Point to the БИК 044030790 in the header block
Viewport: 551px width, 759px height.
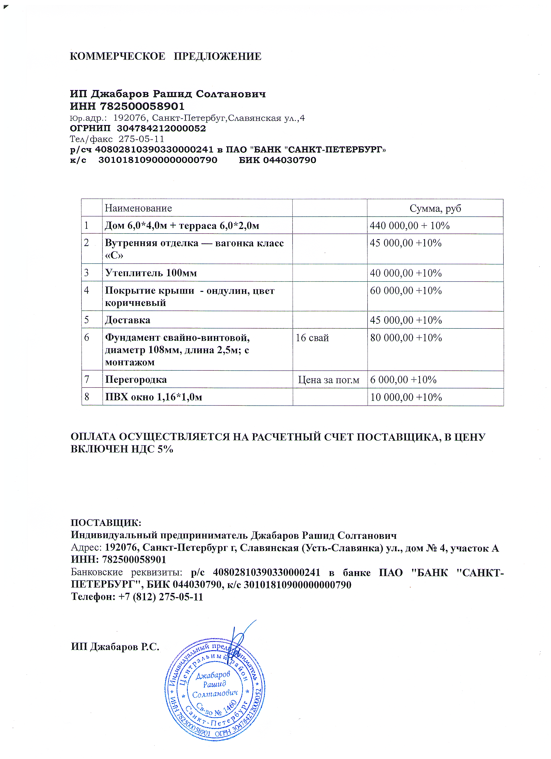point(277,160)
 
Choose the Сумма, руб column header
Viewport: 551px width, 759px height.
point(435,208)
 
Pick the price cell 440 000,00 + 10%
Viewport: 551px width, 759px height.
point(409,226)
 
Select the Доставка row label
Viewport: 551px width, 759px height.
point(127,320)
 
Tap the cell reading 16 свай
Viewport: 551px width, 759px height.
point(312,338)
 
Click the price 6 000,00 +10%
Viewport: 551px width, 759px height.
point(403,379)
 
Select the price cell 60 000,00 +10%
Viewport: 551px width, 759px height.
point(406,290)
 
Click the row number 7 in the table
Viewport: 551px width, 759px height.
point(87,379)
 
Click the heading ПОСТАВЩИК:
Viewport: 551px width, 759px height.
point(106,523)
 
